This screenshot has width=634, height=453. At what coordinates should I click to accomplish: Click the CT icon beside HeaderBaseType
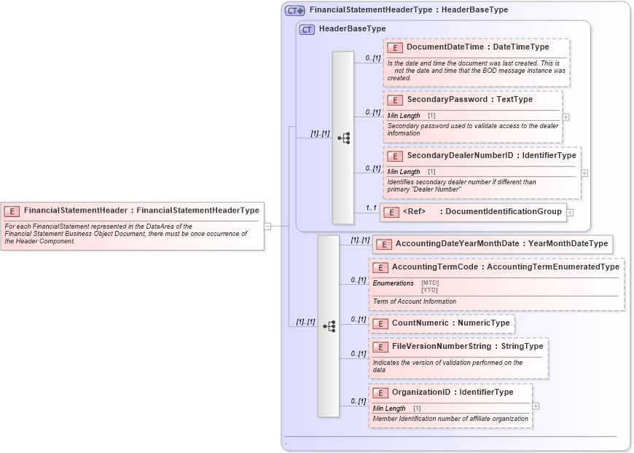point(308,29)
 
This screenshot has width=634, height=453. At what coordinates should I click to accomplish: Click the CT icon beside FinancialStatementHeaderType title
point(294,10)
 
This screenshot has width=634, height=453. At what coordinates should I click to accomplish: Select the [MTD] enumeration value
point(430,283)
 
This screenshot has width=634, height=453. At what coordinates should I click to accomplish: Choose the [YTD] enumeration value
point(430,290)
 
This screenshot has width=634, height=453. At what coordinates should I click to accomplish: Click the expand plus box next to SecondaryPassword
point(565,116)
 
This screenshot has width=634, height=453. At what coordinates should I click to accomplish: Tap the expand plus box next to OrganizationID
point(536,406)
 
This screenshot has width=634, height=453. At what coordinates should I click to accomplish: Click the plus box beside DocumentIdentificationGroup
point(570,212)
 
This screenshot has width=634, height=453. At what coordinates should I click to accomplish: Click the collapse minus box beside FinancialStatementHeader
point(267,226)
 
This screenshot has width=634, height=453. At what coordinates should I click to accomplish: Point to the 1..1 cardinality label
point(371,208)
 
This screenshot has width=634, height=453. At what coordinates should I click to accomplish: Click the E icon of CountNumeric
point(379,323)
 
